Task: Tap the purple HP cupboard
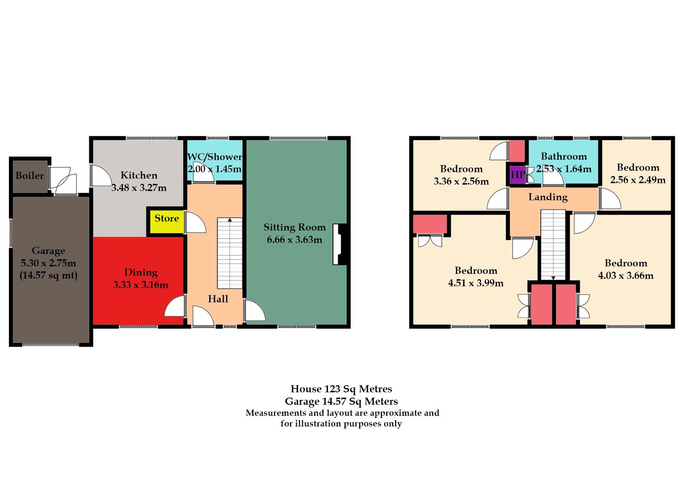[518, 175]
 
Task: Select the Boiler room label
[30, 176]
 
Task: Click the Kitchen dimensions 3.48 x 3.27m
[139, 188]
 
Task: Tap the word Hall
[218, 299]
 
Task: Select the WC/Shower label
[214, 157]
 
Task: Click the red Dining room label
[141, 273]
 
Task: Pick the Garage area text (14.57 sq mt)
[48, 276]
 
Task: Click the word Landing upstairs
[548, 197]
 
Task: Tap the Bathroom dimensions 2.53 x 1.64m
[564, 169]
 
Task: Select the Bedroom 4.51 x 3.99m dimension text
[476, 283]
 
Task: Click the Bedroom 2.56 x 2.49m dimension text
[638, 180]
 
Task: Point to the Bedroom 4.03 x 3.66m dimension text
[626, 276]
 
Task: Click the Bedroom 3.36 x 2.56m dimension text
[461, 181]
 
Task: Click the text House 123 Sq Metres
[341, 389]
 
